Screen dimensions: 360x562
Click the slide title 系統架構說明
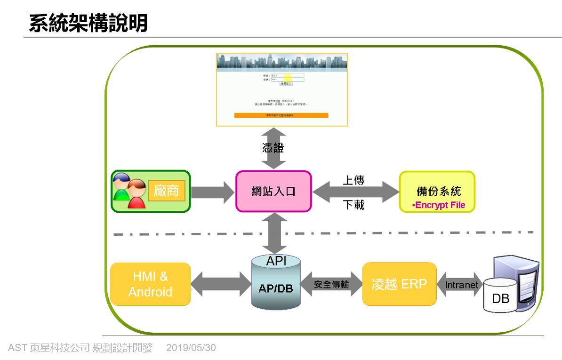[88, 23]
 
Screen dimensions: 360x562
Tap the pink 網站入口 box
[273, 192]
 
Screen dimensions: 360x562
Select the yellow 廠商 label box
[167, 191]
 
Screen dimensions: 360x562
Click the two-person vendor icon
[129, 191]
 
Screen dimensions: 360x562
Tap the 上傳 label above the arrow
[353, 180]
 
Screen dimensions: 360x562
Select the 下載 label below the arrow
[353, 205]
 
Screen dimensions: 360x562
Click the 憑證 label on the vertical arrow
[273, 148]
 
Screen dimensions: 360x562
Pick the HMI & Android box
[151, 284]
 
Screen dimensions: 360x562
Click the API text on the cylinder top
[276, 261]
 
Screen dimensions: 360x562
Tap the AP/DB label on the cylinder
[276, 288]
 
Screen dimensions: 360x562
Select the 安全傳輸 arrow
[331, 284]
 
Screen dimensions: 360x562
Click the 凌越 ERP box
[399, 284]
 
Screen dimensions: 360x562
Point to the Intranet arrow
[461, 285]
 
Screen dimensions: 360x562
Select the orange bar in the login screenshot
[281, 115]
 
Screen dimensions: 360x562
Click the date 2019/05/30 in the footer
[191, 348]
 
